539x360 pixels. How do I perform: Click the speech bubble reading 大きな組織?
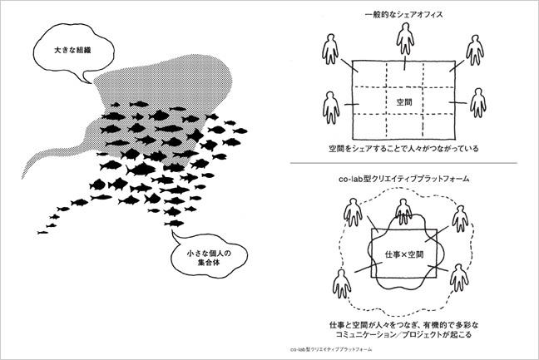pyautogui.click(x=73, y=51)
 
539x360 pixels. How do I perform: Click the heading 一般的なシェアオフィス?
pyautogui.click(x=403, y=14)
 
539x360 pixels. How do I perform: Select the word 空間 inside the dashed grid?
pyautogui.click(x=404, y=102)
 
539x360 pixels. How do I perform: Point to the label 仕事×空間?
pyautogui.click(x=404, y=254)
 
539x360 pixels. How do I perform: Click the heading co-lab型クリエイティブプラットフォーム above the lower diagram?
pyautogui.click(x=404, y=179)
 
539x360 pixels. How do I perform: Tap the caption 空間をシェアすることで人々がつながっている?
pyautogui.click(x=403, y=149)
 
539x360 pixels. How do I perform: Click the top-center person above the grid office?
pyautogui.click(x=405, y=38)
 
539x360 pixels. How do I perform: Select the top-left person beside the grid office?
pyautogui.click(x=330, y=49)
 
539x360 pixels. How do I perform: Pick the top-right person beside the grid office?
pyautogui.click(x=475, y=50)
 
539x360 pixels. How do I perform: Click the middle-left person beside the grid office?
pyautogui.click(x=331, y=107)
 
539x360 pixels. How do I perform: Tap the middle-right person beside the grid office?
pyautogui.click(x=477, y=103)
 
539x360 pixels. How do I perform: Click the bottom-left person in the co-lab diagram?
pyautogui.click(x=342, y=284)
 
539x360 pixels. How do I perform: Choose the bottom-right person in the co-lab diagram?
pyautogui.click(x=459, y=278)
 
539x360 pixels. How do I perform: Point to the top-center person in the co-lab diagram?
pyautogui.click(x=403, y=212)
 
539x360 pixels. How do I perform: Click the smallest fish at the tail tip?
pyautogui.click(x=42, y=233)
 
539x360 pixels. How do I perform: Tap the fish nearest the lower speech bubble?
pyautogui.click(x=174, y=224)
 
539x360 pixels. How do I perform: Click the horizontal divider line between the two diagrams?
pyautogui.click(x=403, y=163)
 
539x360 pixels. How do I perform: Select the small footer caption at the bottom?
pyautogui.click(x=331, y=349)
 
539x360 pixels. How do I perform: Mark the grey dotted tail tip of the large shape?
pyautogui.click(x=22, y=178)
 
